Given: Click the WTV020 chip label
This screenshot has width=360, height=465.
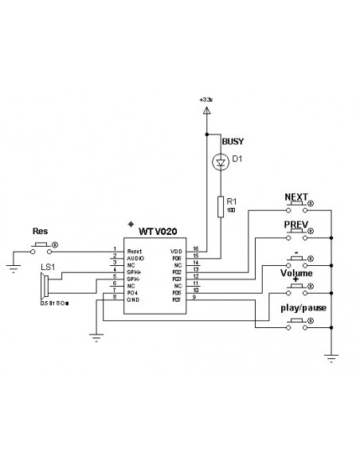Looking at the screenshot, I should [158, 231].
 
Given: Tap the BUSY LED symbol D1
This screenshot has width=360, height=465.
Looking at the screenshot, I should [219, 162].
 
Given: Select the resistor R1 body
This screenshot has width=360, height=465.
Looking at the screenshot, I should [219, 207].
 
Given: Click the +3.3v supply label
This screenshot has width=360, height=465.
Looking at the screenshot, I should [207, 100].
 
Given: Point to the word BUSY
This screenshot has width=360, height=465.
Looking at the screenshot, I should [233, 142].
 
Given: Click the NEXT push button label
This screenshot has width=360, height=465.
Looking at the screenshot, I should [296, 195].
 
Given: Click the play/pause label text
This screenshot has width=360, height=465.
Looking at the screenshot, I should [302, 307].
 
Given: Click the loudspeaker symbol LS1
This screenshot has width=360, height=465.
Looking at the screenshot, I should [47, 284].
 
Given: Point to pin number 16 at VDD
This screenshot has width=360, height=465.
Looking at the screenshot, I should [195, 248].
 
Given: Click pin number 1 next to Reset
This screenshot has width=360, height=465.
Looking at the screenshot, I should [115, 248].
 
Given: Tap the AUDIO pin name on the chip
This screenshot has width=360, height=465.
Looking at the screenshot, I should [135, 259].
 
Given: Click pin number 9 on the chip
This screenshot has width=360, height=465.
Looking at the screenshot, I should [195, 299].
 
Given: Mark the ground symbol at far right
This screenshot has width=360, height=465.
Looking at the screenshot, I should [331, 357].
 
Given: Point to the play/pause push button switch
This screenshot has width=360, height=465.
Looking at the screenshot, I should [296, 321].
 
